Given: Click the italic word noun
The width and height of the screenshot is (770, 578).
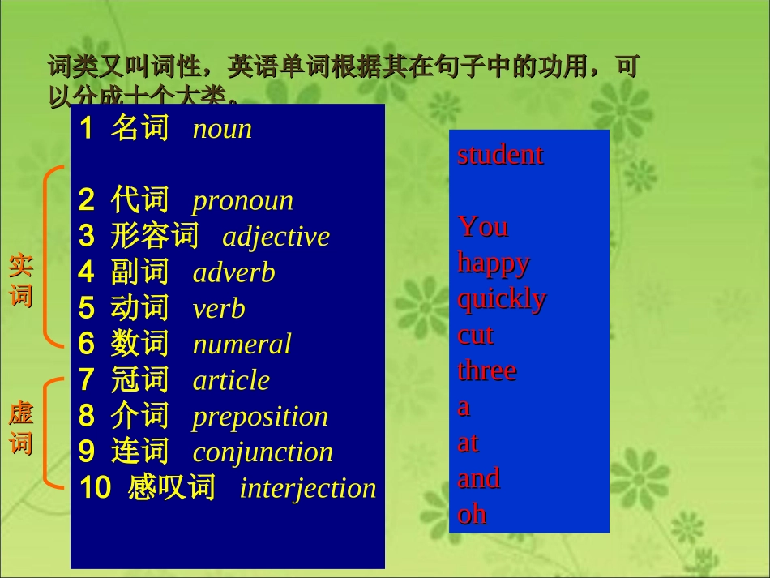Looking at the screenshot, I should click(222, 130).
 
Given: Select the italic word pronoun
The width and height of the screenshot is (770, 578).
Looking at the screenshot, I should click(242, 201).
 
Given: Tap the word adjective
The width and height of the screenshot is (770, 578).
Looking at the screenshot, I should click(276, 237).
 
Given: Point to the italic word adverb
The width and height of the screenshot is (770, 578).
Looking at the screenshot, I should click(233, 273).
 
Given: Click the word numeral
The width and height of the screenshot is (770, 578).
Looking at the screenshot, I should click(242, 345).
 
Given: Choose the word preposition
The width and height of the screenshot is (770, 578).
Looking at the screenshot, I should click(260, 417).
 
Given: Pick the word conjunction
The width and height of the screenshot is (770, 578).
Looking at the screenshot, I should click(263, 452).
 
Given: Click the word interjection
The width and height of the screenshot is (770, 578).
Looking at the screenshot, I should click(308, 488).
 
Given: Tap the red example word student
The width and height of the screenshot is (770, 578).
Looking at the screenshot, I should click(500, 155).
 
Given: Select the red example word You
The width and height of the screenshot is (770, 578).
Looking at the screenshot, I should click(483, 226).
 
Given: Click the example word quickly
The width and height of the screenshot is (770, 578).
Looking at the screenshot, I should click(502, 299).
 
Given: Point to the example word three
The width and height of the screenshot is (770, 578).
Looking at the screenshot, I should click(486, 370).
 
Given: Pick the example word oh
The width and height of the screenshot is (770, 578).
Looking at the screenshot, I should click(472, 514).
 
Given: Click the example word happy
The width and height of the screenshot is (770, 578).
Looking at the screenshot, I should click(494, 263).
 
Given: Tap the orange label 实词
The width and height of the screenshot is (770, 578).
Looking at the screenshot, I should click(21, 280).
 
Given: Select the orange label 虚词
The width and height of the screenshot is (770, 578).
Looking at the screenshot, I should click(21, 428).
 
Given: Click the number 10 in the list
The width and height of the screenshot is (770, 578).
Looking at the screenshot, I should click(95, 488).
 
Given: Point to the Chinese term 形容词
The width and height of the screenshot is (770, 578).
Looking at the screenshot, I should click(155, 237).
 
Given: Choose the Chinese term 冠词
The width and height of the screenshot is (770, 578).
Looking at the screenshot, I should click(139, 380).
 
